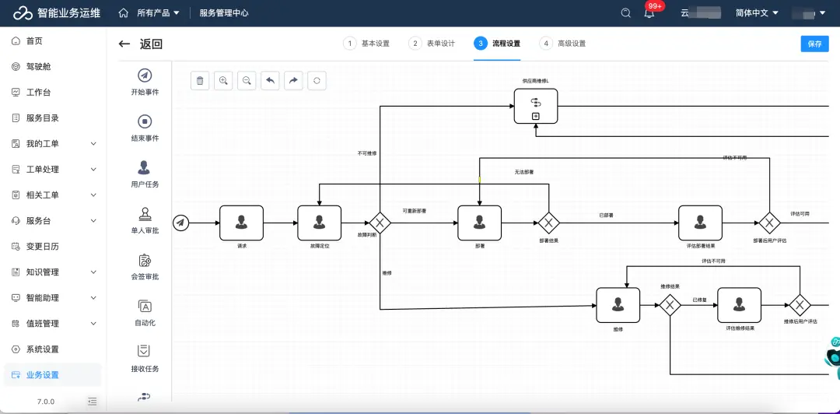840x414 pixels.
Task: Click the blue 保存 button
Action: coord(814,44)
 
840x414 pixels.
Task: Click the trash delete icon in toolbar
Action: coord(200,80)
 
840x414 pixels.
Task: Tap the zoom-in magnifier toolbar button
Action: coord(223,80)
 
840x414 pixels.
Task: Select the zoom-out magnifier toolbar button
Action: coord(247,80)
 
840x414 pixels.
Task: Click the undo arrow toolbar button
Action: coord(270,80)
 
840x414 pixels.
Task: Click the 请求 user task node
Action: coord(241,223)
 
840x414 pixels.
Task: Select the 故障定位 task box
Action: coord(319,223)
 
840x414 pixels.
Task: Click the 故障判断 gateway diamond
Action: coord(380,223)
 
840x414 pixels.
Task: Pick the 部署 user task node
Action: coord(479,223)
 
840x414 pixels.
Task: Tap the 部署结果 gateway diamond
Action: coord(548,223)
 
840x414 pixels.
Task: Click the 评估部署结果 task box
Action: coord(700,223)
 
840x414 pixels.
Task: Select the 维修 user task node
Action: coord(618,305)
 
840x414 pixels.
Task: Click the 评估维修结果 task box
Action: coord(739,305)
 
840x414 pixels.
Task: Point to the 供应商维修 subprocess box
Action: coord(536,106)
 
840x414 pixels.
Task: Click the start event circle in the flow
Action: coord(180,223)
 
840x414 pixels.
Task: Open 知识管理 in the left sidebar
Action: coord(43,272)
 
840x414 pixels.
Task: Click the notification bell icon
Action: coord(649,13)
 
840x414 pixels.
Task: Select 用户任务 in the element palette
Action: coord(145,174)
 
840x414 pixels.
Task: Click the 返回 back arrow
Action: coord(124,44)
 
